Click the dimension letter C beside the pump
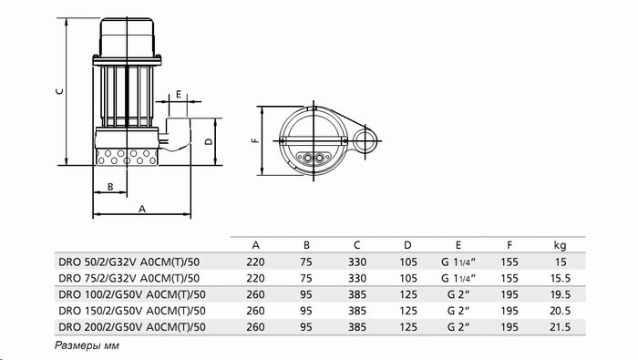(59, 91)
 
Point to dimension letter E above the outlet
(179, 95)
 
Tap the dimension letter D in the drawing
(209, 141)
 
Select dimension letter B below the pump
(110, 187)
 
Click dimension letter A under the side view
(141, 209)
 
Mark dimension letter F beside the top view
(255, 140)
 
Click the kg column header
(560, 245)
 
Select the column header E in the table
(458, 245)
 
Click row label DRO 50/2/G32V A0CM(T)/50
(129, 262)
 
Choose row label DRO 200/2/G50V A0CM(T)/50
(132, 327)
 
